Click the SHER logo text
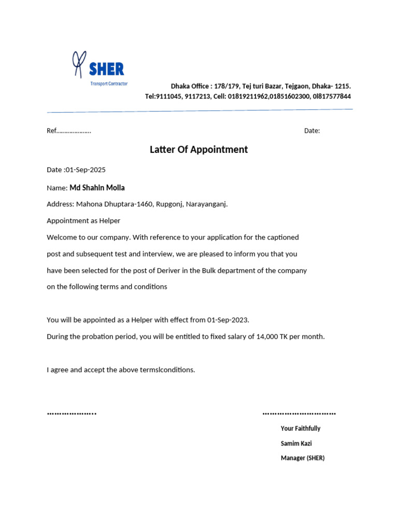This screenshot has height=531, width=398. (106, 68)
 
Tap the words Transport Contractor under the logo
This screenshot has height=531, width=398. (109, 83)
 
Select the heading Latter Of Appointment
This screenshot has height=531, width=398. (198, 150)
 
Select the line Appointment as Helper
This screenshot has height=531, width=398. (83, 221)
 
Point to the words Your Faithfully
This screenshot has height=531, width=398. (301, 429)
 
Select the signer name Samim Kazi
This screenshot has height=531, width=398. (296, 443)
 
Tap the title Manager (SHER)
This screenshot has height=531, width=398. (303, 458)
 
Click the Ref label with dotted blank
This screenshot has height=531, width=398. (69, 131)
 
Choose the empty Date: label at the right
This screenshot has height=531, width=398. (312, 131)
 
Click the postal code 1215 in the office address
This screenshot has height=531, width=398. (342, 86)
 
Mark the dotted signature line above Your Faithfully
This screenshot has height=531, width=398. (299, 414)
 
